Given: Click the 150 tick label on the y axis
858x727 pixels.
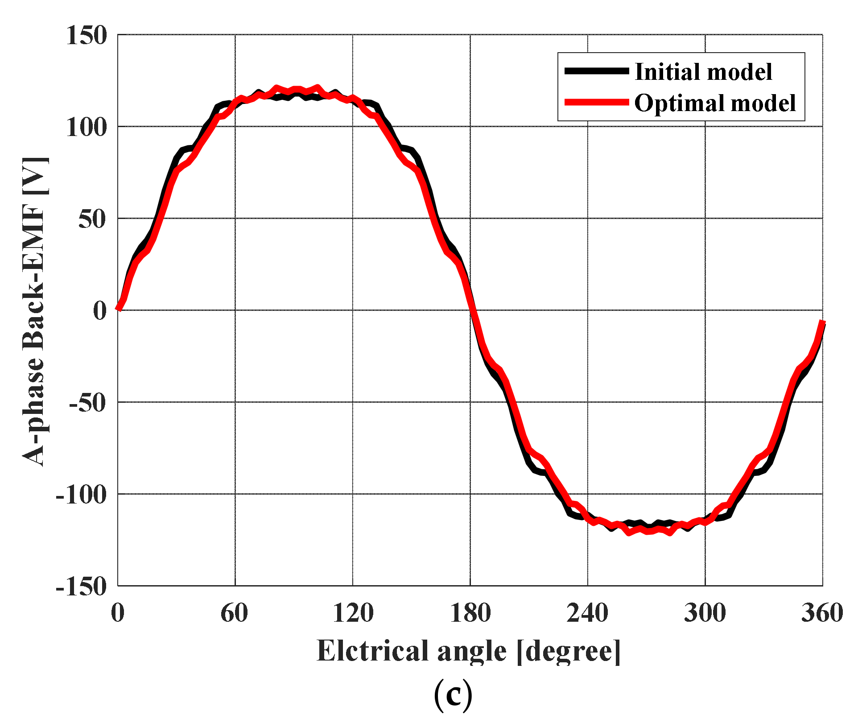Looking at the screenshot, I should click(x=87, y=35).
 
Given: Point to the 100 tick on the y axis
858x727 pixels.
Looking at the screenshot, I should click(x=87, y=127).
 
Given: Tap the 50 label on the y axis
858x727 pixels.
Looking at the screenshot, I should click(x=93, y=219).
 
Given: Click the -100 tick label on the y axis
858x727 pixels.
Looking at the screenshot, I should click(x=82, y=495).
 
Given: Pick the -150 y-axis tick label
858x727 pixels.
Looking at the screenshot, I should click(x=82, y=587).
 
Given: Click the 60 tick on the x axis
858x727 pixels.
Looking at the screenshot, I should click(x=235, y=613).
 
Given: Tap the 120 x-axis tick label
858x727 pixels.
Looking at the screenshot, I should click(x=353, y=613).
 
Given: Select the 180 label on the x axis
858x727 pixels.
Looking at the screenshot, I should click(x=470, y=613).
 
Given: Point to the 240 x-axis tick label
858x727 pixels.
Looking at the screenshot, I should click(x=587, y=613).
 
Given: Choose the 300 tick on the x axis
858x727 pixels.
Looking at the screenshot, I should click(x=705, y=613).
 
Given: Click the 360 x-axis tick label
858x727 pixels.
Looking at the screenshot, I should click(x=822, y=613).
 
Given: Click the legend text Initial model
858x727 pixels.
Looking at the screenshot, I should click(x=703, y=72).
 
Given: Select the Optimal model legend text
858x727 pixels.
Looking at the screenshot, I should click(x=715, y=103).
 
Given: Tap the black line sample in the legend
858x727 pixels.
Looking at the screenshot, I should click(x=596, y=71).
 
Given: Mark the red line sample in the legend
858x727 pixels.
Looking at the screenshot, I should click(x=596, y=103).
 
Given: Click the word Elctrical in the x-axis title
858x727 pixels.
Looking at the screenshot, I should click(x=373, y=651).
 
